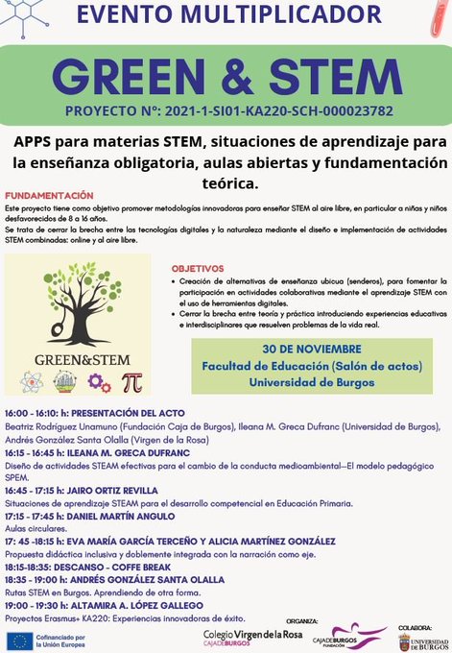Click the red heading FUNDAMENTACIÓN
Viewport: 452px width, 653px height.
click(49, 195)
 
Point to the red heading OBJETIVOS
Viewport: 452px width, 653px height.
click(198, 268)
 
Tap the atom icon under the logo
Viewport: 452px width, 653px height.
click(65, 381)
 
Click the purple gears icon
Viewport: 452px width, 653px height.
click(99, 381)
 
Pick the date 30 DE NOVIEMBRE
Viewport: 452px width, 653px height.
click(310, 349)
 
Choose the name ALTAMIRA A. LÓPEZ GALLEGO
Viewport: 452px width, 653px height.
click(148, 606)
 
